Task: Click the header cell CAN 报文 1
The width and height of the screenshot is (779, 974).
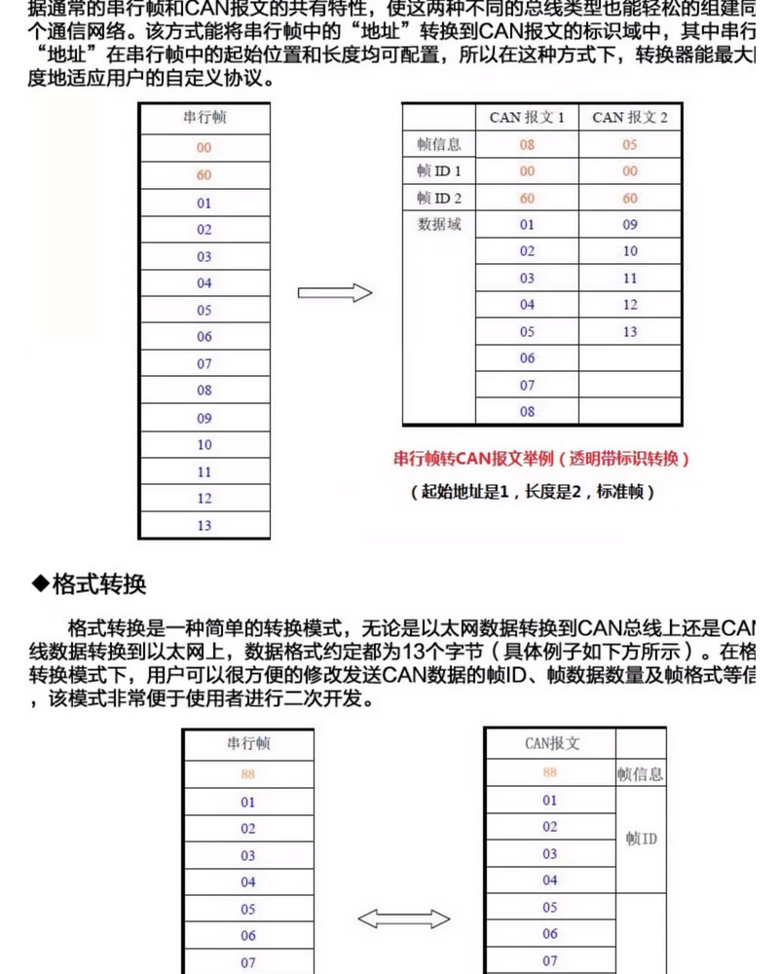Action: pyautogui.click(x=527, y=118)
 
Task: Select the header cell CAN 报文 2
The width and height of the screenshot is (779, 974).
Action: pyautogui.click(x=630, y=118)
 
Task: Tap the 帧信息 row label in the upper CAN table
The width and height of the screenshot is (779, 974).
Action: pyautogui.click(x=439, y=144)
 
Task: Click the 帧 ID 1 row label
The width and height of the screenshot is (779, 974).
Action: pyautogui.click(x=439, y=171)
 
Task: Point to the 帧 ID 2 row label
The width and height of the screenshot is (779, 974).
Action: pyautogui.click(x=439, y=198)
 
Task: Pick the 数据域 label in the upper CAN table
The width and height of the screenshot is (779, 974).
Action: pyautogui.click(x=439, y=225)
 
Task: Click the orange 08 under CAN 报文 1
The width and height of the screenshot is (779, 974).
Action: pyautogui.click(x=527, y=144)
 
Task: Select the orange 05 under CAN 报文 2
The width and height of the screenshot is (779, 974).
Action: pyautogui.click(x=630, y=144)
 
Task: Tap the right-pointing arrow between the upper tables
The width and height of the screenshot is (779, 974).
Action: pyautogui.click(x=335, y=292)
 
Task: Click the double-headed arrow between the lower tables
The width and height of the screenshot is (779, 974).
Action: pyautogui.click(x=403, y=918)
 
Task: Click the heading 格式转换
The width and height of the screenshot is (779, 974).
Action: pyautogui.click(x=98, y=585)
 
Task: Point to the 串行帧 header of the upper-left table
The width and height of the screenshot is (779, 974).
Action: pyautogui.click(x=204, y=119)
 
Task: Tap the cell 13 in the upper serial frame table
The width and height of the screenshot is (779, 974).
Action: pyautogui.click(x=204, y=525)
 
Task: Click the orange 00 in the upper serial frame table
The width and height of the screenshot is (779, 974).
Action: pyautogui.click(x=204, y=148)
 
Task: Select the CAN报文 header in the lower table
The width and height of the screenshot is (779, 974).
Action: pyautogui.click(x=551, y=743)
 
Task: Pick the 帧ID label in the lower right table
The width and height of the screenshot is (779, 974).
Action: pyautogui.click(x=641, y=838)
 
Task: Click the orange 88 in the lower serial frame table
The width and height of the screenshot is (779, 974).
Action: pyautogui.click(x=248, y=774)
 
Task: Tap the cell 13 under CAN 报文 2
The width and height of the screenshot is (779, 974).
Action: pyautogui.click(x=630, y=332)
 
